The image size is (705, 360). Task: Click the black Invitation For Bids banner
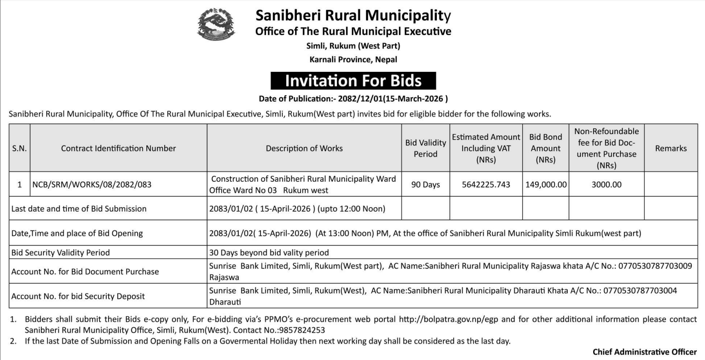click(x=353, y=81)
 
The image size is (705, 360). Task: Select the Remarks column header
click(x=670, y=148)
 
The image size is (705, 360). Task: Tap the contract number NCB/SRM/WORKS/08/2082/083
click(x=91, y=185)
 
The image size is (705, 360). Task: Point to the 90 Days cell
click(x=425, y=185)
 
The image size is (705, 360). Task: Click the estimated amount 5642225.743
click(x=486, y=185)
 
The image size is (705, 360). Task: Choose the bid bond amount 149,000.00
click(x=545, y=185)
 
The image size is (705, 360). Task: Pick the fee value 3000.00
click(x=606, y=185)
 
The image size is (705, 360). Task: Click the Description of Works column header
click(x=304, y=148)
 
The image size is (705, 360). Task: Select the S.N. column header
click(x=19, y=148)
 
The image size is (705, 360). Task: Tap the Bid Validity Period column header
click(x=425, y=148)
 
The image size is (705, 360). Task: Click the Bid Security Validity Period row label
click(x=60, y=252)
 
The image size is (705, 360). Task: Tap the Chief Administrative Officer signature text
click(x=645, y=352)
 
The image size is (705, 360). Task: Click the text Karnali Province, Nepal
click(x=353, y=60)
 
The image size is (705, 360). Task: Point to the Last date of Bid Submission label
click(x=79, y=209)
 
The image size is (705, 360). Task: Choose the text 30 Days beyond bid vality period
click(x=269, y=252)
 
